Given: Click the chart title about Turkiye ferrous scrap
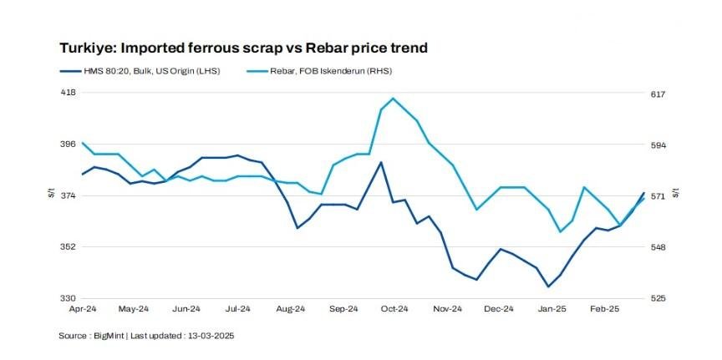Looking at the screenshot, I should [x=243, y=48].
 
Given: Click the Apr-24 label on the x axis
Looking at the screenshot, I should [x=82, y=309].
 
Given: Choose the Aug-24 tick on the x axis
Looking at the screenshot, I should [x=292, y=309].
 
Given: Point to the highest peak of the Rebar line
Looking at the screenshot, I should [x=393, y=99].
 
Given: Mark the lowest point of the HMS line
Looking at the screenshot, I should [x=548, y=286].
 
